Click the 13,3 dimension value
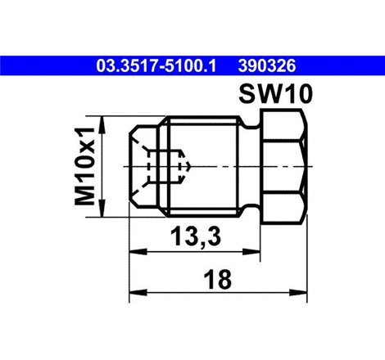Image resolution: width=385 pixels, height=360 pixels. pos(192,236)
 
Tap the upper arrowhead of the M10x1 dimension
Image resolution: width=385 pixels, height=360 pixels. pos(102,122)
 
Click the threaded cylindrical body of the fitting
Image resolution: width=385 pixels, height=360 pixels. pos(205,165)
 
